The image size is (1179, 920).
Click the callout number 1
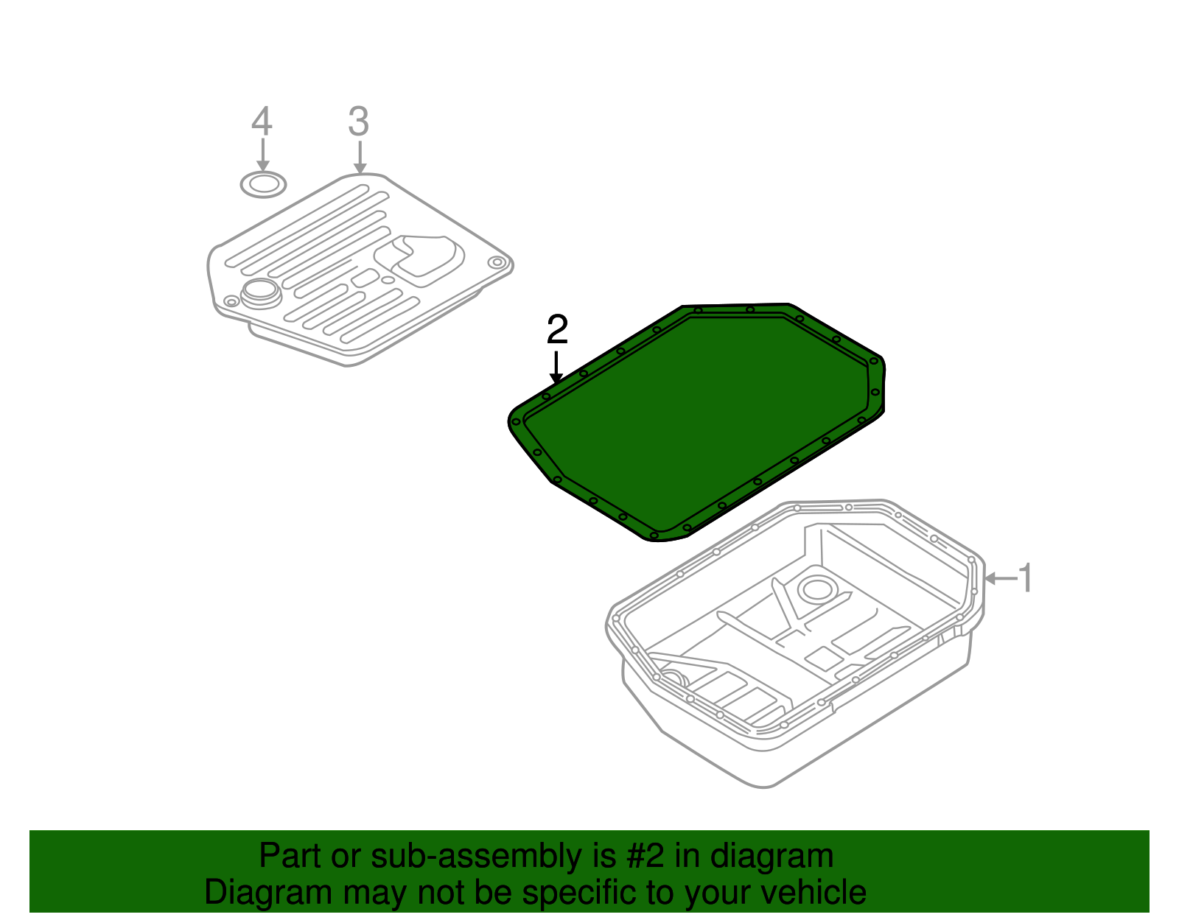pos(1025,577)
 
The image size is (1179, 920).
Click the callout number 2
pos(557,329)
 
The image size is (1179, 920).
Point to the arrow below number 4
pos(263,155)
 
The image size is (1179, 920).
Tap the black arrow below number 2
pos(556,367)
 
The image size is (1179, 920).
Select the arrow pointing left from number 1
pos(1000,578)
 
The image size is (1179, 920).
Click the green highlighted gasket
pos(696,422)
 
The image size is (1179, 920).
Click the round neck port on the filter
pos(261,293)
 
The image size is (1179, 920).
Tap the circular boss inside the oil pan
pos(817,590)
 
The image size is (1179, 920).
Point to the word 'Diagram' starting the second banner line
pos(268,893)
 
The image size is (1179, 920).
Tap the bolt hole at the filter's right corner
pos(497,263)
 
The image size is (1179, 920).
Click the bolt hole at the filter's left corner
pos(231,301)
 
